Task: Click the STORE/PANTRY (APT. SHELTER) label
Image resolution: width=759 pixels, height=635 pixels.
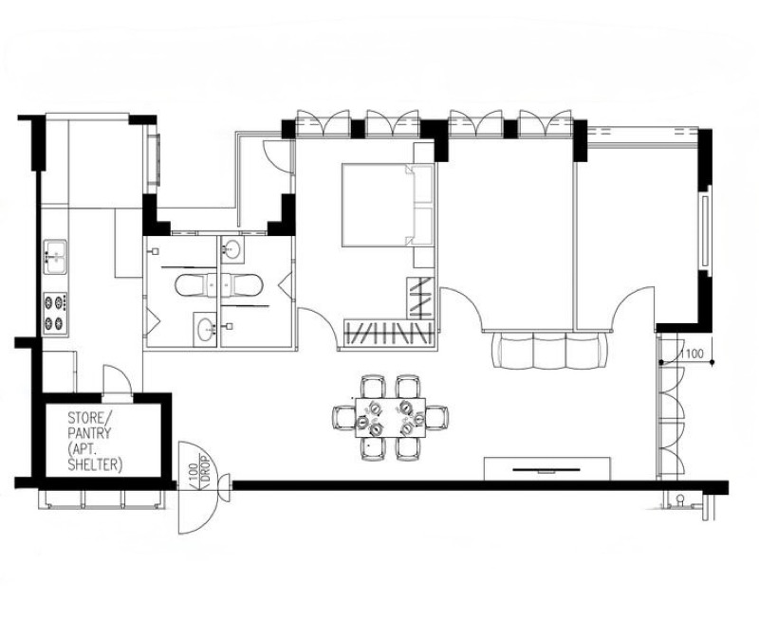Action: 94,441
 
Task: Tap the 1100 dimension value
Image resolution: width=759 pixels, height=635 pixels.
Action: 692,354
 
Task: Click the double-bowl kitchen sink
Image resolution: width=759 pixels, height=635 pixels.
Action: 56,257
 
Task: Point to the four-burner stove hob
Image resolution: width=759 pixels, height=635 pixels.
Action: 55,314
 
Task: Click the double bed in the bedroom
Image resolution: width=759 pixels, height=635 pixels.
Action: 387,205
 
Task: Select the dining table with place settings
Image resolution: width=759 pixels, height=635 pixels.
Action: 390,417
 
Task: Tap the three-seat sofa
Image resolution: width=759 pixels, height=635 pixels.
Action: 549,351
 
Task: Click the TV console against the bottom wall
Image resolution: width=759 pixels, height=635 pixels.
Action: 547,468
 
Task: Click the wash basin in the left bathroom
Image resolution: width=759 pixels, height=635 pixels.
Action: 205,329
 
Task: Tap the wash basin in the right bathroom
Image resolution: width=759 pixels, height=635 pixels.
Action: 232,249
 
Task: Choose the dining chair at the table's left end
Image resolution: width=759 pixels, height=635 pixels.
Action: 344,417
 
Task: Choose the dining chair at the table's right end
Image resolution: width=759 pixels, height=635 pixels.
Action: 436,417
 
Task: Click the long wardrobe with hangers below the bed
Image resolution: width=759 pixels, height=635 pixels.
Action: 388,333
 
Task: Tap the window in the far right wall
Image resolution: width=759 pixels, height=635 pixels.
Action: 705,230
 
